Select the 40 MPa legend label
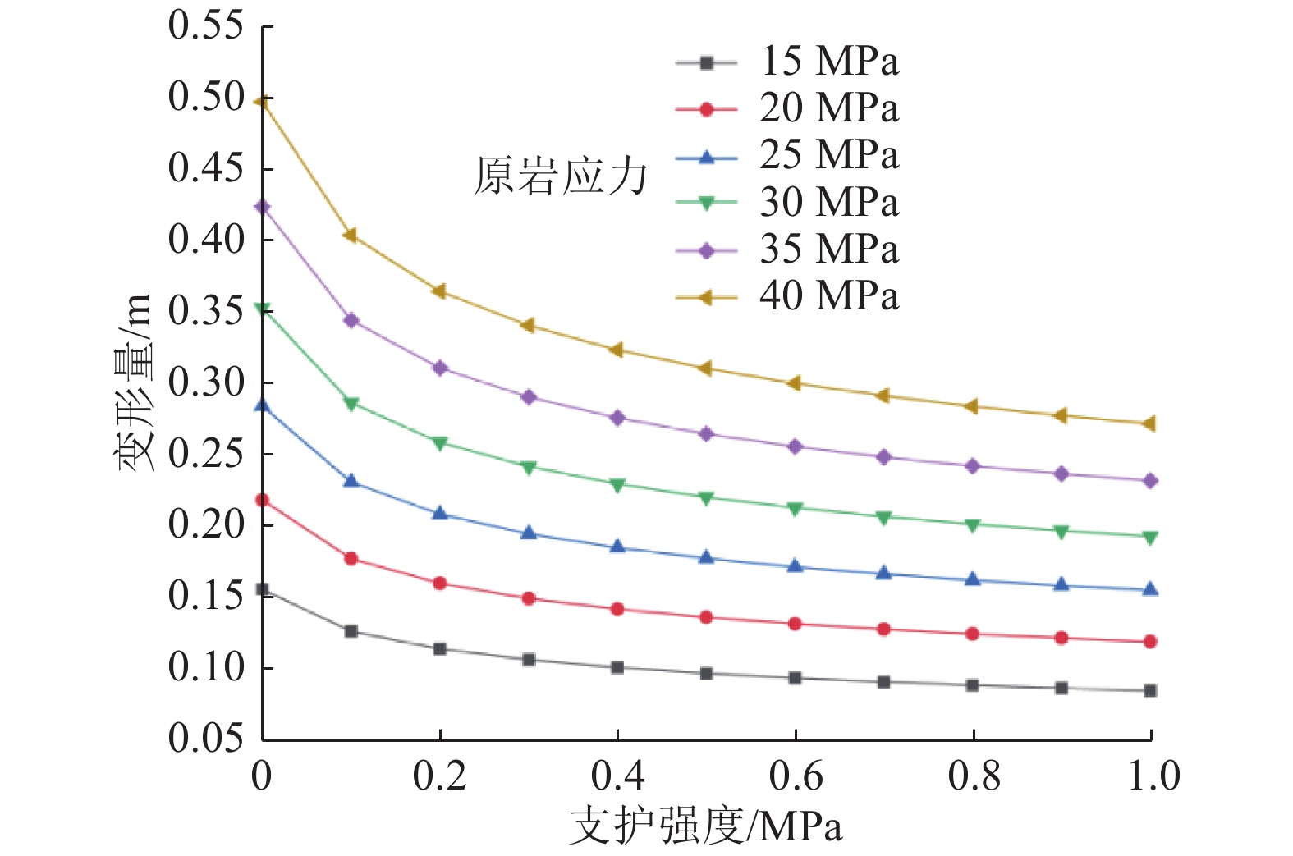[x=828, y=296]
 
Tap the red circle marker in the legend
[x=706, y=109]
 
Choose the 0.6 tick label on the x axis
[x=795, y=776]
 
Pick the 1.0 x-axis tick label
[x=1153, y=776]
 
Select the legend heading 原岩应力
[x=561, y=176]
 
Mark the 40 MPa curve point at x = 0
[x=263, y=102]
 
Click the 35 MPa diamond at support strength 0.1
[x=351, y=320]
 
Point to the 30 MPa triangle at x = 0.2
[x=440, y=443]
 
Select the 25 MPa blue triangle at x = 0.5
[x=706, y=558]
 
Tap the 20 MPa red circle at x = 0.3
[x=529, y=598]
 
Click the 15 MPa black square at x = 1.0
[x=1150, y=691]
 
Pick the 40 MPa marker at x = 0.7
[x=883, y=396]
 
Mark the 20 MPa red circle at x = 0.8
[x=973, y=634]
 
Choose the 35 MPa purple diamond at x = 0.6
[x=795, y=446]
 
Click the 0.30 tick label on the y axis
[x=207, y=382]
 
